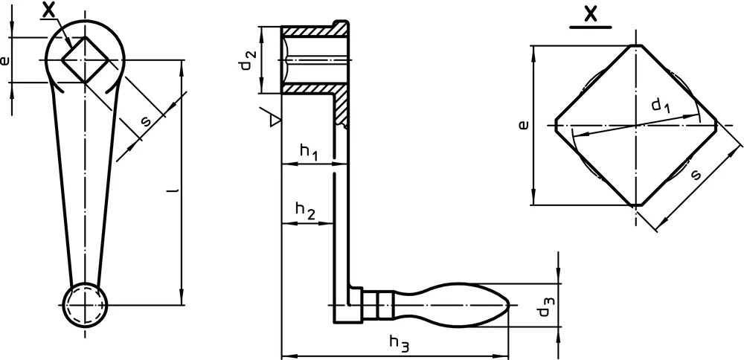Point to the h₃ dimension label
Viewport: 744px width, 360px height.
tap(399, 343)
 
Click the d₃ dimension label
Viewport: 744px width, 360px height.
tap(545, 306)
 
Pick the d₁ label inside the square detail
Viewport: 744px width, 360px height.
tap(660, 106)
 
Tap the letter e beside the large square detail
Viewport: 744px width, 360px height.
tap(523, 125)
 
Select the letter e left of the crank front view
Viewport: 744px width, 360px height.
tap(4, 60)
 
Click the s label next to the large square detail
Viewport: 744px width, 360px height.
tap(696, 175)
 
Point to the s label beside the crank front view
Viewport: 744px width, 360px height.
tap(147, 121)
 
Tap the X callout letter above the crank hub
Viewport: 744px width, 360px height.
tap(48, 10)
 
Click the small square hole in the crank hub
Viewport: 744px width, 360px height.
tap(85, 60)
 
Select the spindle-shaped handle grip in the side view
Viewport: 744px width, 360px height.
tap(452, 305)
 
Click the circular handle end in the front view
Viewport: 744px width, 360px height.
tap(85, 305)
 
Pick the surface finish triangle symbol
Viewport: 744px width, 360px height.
tap(272, 118)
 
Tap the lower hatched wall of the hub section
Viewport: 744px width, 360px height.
tap(313, 89)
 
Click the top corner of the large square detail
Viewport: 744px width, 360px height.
tap(636, 45)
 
